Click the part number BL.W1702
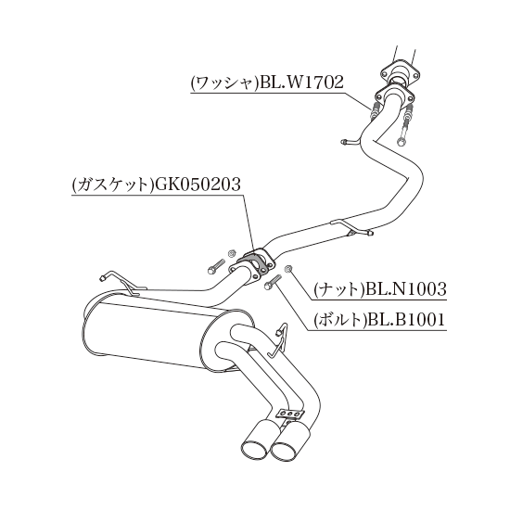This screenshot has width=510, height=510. point(299,83)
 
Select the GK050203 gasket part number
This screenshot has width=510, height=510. point(198,185)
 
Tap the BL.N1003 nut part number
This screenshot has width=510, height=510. point(405,288)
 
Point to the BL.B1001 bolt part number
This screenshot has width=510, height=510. point(404,319)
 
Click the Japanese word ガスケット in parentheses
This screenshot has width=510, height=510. point(112,185)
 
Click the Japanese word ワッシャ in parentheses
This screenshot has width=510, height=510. point(223,83)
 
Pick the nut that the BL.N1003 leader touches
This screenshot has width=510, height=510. point(287,269)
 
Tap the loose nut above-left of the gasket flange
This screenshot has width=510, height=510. point(232,252)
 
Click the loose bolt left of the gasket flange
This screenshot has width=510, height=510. point(216,266)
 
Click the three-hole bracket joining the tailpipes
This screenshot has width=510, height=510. point(290,414)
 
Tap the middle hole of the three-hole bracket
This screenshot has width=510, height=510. point(290,414)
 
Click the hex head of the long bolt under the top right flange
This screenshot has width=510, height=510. point(401,142)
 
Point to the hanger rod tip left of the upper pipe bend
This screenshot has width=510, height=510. point(345,141)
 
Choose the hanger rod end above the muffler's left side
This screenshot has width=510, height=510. point(102,277)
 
